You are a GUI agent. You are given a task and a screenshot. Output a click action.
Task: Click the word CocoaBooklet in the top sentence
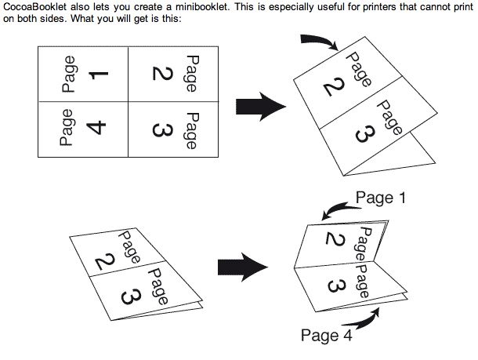[x=34, y=6]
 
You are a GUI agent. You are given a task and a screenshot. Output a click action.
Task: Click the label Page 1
[x=382, y=198]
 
